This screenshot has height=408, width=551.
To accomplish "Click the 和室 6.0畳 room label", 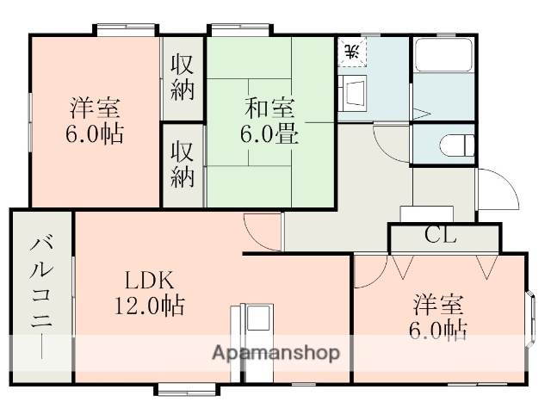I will pos(269,121).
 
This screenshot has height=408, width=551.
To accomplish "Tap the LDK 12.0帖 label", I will pos(150,292).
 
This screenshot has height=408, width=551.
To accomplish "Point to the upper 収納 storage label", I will pos(182,77).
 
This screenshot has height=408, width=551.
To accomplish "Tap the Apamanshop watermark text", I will pos(275,353).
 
